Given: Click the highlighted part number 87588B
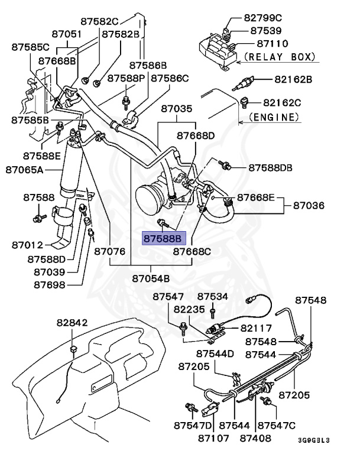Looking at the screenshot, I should coord(164,239).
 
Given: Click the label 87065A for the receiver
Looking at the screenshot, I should coord(25,170).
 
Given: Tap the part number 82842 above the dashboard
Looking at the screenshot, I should coord(72,323).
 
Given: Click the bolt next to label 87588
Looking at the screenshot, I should coord(38,218).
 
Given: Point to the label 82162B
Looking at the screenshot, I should coord(293,79).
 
